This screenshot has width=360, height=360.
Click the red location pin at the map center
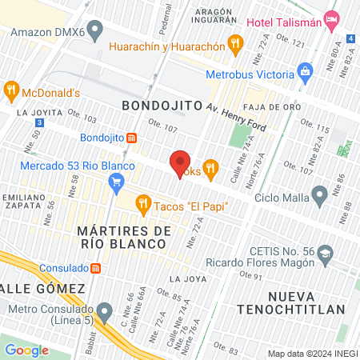pos(180,163)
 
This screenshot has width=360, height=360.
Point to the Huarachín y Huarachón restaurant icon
pos(235,46)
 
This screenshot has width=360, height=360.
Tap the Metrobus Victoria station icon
pos(305,73)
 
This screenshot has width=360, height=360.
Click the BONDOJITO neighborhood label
pos(157,105)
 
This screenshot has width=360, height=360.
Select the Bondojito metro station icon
pos(131,138)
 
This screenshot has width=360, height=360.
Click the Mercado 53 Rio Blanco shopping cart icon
pos(117,182)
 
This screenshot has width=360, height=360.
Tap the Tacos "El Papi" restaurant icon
pos(143,205)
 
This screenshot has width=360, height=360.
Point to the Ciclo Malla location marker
pos(320,194)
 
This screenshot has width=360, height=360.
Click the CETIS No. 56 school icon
pos(325,254)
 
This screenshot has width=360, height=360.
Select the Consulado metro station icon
pos(95,268)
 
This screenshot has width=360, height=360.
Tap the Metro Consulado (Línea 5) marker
pos(104,310)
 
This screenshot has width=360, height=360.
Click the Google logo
pos(26,350)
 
